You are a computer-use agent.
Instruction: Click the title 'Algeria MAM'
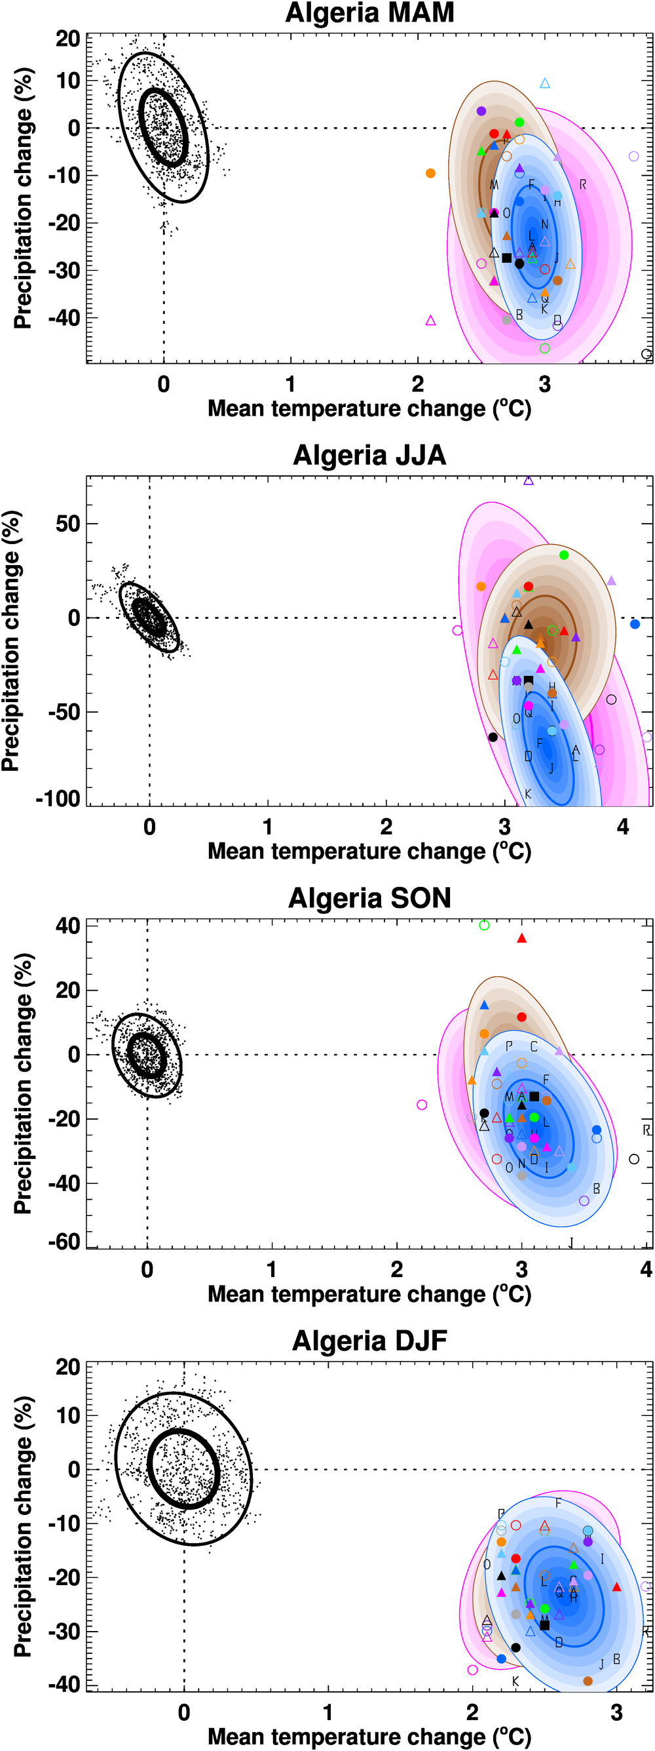[x=369, y=13]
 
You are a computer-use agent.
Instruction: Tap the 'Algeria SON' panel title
[x=369, y=898]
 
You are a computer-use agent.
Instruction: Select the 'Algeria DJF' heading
[x=369, y=1341]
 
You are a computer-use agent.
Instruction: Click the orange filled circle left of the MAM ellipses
[x=430, y=173]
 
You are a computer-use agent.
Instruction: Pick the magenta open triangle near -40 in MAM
[x=430, y=320]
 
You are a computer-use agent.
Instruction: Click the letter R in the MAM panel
[x=582, y=184]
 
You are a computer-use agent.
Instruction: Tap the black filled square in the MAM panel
[x=506, y=258]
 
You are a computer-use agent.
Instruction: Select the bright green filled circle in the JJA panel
[x=563, y=555]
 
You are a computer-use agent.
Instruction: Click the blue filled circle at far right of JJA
[x=635, y=624]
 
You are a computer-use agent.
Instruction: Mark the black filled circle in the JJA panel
[x=493, y=737]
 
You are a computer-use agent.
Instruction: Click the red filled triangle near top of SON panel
[x=521, y=938]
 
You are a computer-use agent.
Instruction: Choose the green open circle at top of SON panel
[x=484, y=925]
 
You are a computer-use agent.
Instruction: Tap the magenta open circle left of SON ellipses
[x=422, y=1105]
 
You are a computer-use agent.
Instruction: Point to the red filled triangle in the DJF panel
[x=616, y=1586]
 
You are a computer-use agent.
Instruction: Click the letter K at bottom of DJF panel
[x=515, y=1681]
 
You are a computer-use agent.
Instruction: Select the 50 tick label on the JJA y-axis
[x=67, y=523]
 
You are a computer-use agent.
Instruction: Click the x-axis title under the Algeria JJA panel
[x=369, y=851]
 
